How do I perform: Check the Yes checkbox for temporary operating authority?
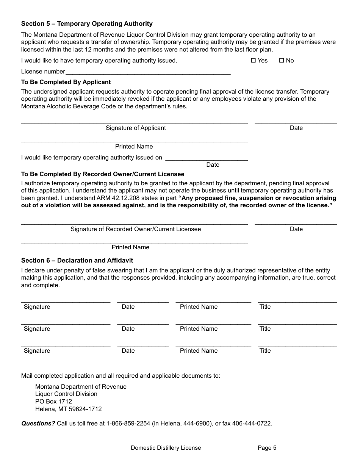pyautogui.click(x=254, y=61)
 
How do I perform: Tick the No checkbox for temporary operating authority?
pyautogui.click(x=281, y=61)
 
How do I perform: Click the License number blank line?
pyautogui.click(x=148, y=72)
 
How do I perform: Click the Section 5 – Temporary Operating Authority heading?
pyautogui.click(x=87, y=24)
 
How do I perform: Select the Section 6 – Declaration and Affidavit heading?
pyautogui.click(x=77, y=261)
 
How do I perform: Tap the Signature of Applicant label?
pyautogui.click(x=136, y=128)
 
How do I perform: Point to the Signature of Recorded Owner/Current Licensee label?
pyautogui.click(x=136, y=229)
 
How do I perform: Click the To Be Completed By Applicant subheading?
pyautogui.click(x=66, y=82)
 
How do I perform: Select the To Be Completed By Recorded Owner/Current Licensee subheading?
pyautogui.click(x=103, y=174)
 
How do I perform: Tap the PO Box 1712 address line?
pyautogui.click(x=53, y=402)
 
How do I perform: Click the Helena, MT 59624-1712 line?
pyautogui.click(x=68, y=409)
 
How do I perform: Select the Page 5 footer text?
pyautogui.click(x=267, y=448)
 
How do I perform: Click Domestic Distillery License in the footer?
pyautogui.click(x=166, y=448)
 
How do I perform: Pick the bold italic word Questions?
pyautogui.click(x=38, y=424)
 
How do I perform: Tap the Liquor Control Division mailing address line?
pyautogui.click(x=66, y=394)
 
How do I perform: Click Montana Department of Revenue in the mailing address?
pyautogui.click(x=81, y=387)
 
